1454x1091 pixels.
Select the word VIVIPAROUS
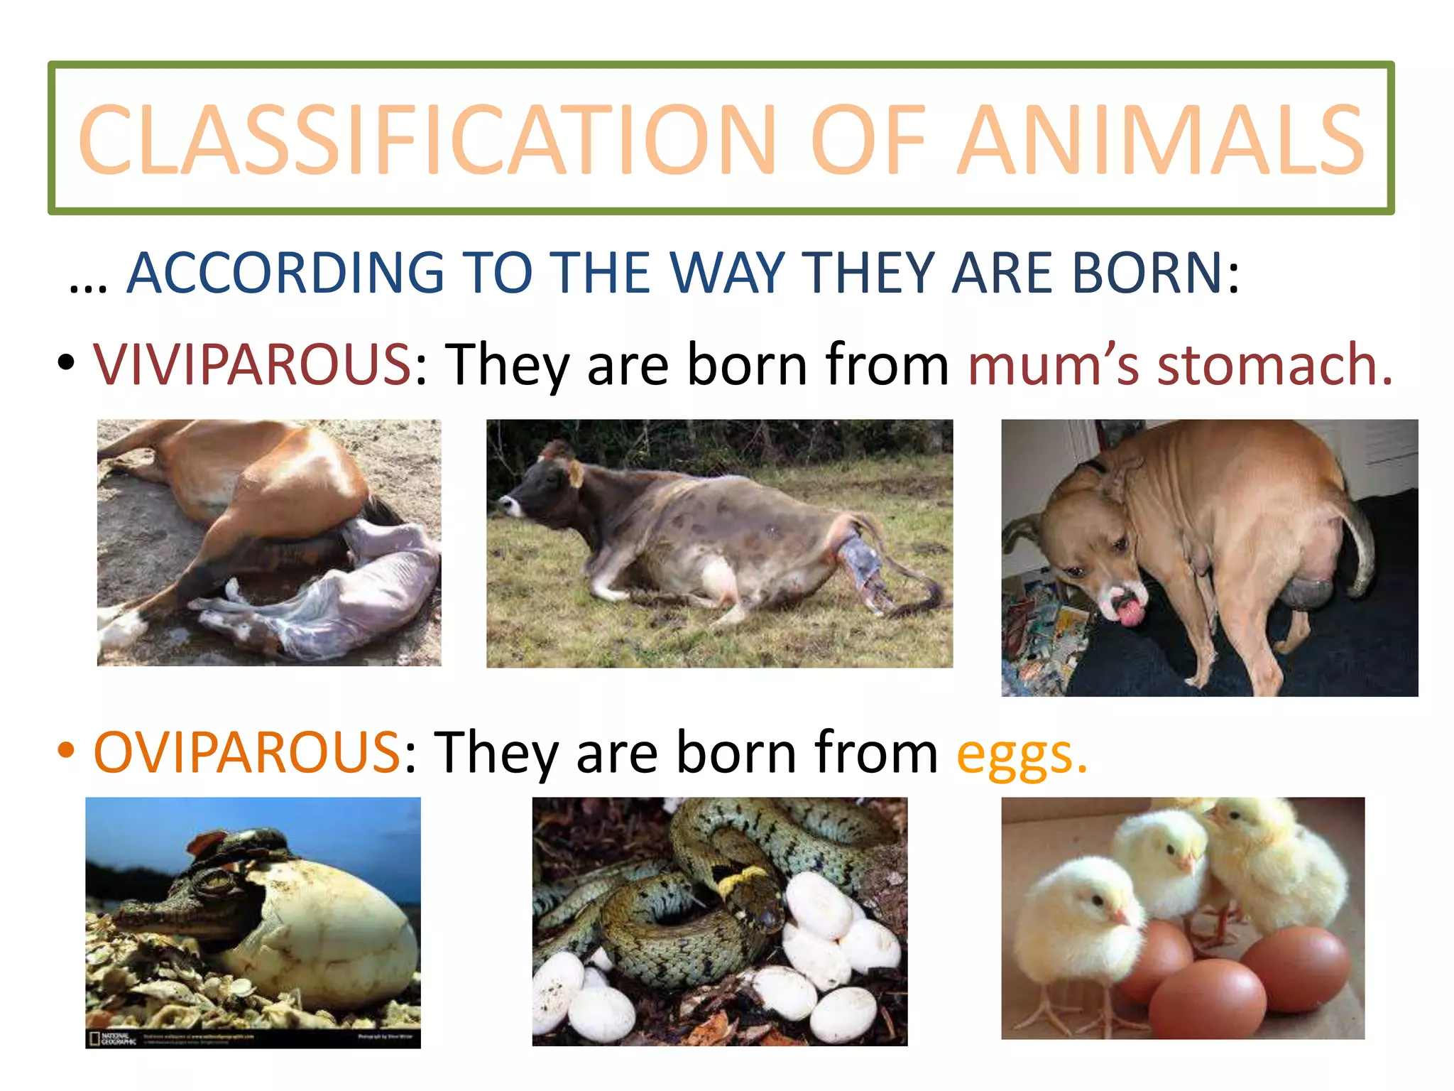click(252, 364)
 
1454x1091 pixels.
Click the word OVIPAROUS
click(247, 752)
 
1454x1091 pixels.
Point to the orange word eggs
click(1021, 755)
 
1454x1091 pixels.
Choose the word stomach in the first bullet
click(1274, 364)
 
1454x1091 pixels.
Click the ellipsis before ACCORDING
click(88, 284)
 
